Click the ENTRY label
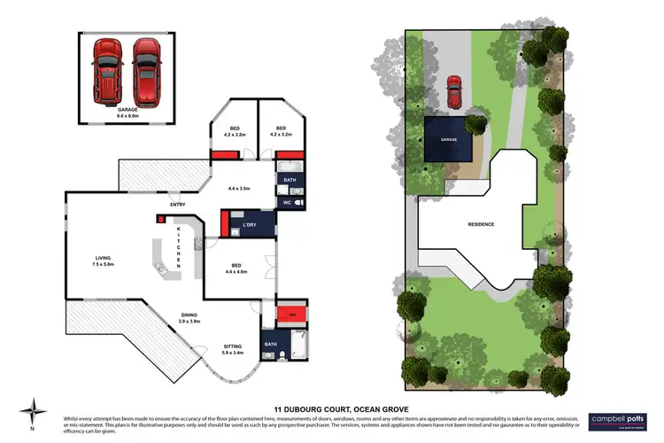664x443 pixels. pyautogui.click(x=166, y=206)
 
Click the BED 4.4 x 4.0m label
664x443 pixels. pyautogui.click(x=236, y=268)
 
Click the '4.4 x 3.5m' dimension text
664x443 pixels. pyautogui.click(x=240, y=189)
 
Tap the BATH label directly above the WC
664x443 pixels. pyautogui.click(x=290, y=181)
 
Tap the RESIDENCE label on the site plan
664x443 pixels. pyautogui.click(x=481, y=224)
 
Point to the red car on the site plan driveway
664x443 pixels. pyautogui.click(x=454, y=88)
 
